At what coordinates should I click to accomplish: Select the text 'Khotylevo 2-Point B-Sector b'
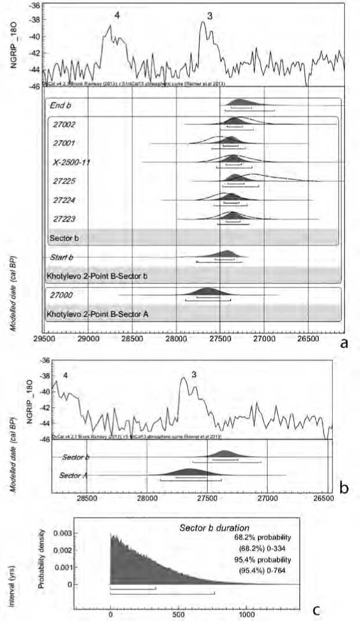click(96, 276)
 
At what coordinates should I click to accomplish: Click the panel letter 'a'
click(344, 343)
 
